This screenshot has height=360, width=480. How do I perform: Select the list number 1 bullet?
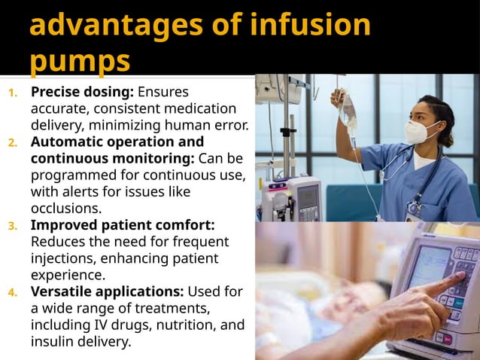coord(12,94)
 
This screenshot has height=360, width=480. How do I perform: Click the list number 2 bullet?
coord(12,142)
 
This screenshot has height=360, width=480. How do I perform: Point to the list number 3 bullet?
coord(12,225)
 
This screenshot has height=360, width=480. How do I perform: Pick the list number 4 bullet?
coord(12,292)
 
